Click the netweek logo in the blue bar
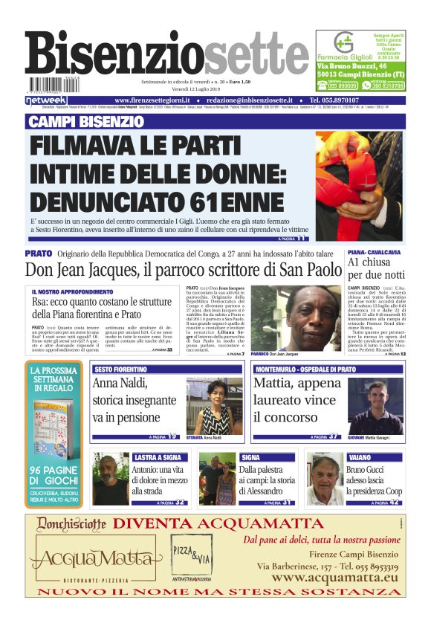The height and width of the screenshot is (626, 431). (46, 100)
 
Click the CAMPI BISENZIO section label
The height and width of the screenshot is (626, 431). (86, 121)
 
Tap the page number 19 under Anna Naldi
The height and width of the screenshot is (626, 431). (172, 436)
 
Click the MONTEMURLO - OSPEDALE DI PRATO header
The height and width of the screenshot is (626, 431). (305, 369)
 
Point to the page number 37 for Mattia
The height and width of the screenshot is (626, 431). (335, 436)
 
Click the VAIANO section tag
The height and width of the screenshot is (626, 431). (360, 457)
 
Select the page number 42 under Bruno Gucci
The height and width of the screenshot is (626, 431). (394, 503)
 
